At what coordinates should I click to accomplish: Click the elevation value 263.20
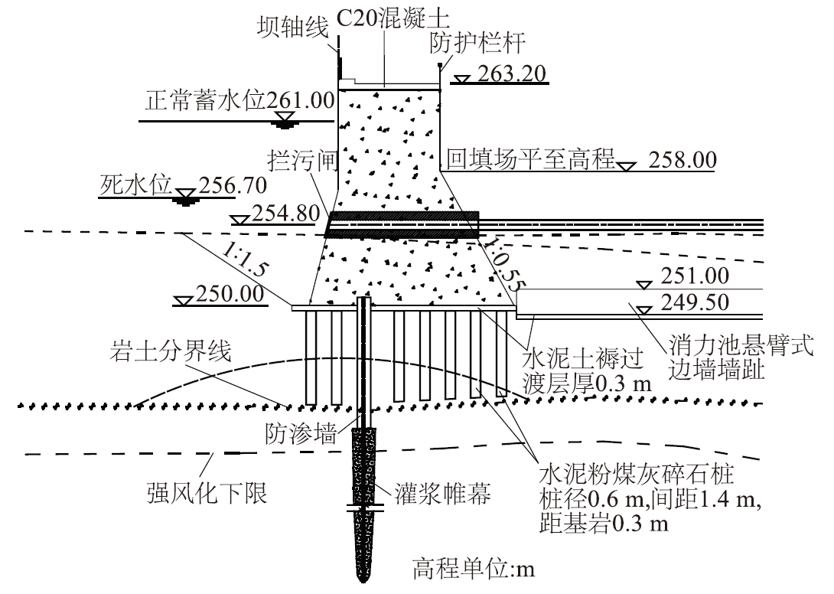(510, 73)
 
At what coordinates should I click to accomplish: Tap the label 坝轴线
(292, 28)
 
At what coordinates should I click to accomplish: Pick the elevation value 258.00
(683, 161)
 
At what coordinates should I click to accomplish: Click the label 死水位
(137, 185)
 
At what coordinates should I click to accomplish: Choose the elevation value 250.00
(230, 293)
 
